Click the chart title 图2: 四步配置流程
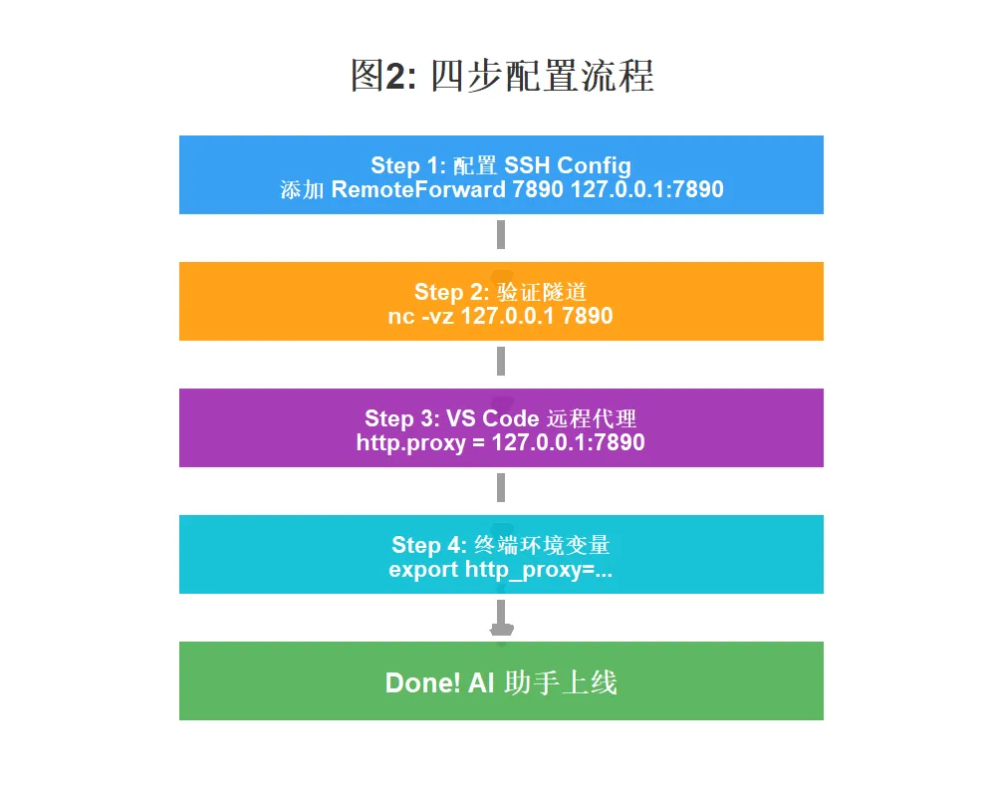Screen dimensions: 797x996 click(501, 76)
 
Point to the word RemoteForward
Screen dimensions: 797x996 click(418, 189)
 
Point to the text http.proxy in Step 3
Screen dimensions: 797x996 click(410, 442)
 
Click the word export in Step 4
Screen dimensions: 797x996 click(423, 570)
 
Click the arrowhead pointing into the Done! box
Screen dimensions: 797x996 click(502, 631)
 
